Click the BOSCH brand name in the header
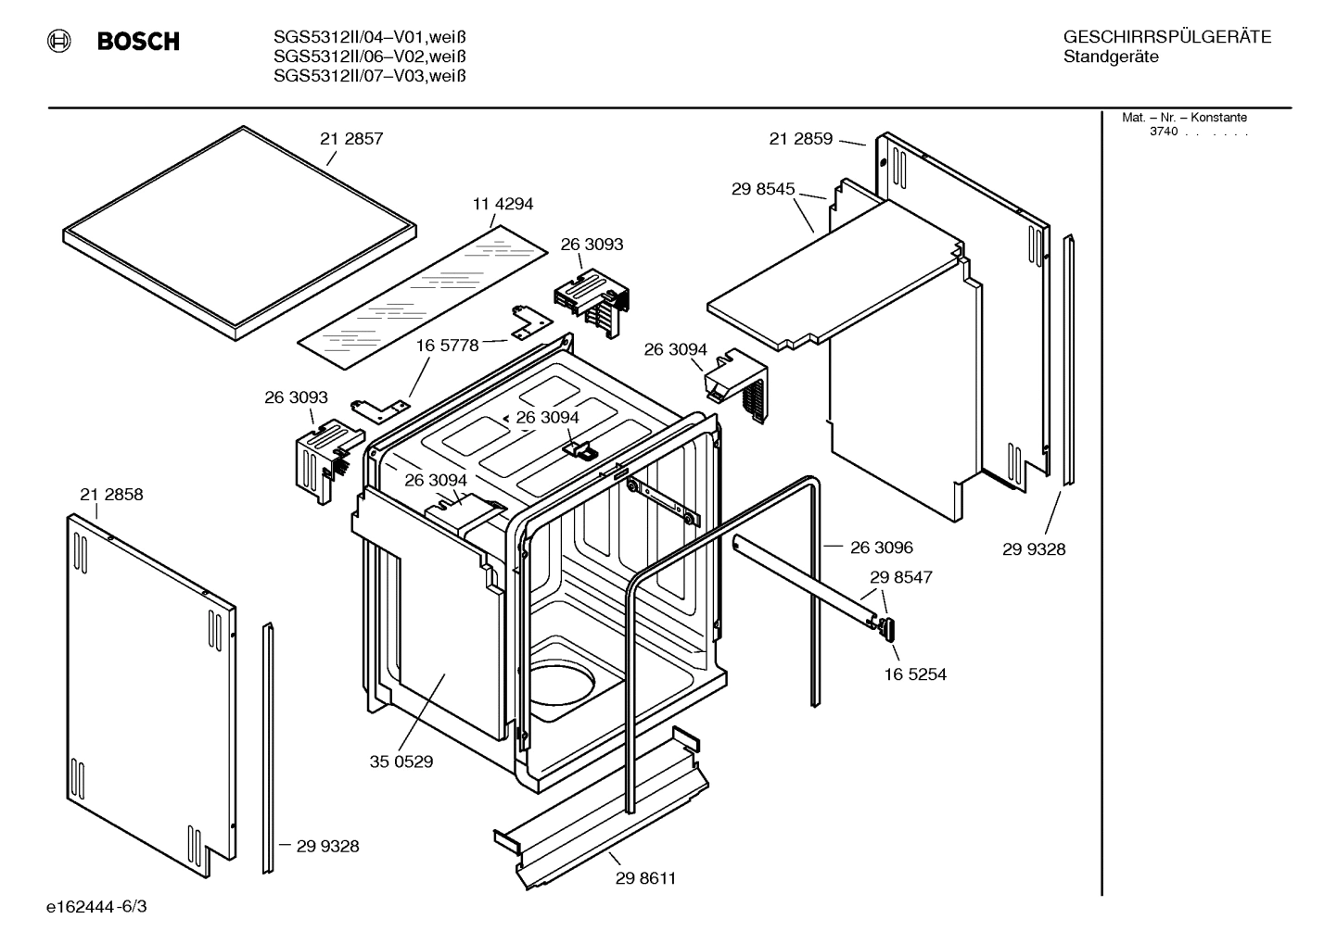(x=137, y=41)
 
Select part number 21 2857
(x=351, y=139)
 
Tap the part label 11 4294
(x=503, y=204)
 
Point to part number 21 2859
(x=800, y=139)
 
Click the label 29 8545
(x=762, y=189)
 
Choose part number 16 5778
(x=447, y=346)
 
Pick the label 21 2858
(x=111, y=495)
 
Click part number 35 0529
(x=401, y=762)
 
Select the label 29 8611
(x=645, y=878)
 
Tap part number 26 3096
(x=881, y=548)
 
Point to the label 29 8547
(x=900, y=577)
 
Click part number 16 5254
(x=914, y=674)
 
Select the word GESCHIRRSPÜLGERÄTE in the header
(x=1166, y=38)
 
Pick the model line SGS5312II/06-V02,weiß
(x=369, y=57)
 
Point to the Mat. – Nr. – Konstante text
(x=1184, y=118)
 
